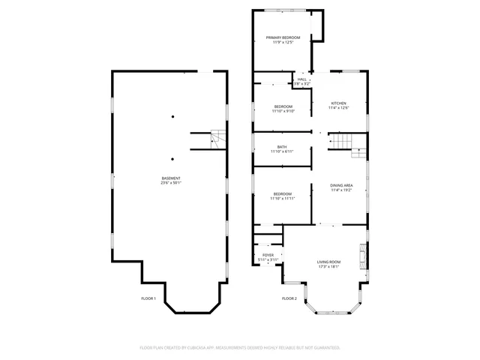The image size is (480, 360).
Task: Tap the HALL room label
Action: (x=301, y=79)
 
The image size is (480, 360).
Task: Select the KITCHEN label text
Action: (x=339, y=103)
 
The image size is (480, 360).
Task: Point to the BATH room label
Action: (x=282, y=147)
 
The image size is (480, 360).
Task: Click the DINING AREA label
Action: (x=342, y=185)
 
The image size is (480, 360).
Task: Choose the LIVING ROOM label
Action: (x=328, y=262)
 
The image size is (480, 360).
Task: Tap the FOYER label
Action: (x=268, y=255)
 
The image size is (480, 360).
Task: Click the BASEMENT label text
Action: (x=171, y=178)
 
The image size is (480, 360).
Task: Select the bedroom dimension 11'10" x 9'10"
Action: (x=283, y=111)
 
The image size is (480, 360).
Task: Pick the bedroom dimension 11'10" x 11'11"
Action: (x=283, y=198)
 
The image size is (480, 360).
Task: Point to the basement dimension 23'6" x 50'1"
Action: (x=171, y=182)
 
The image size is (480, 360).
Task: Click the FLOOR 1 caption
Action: (x=148, y=298)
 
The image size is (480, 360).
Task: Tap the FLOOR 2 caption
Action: (x=289, y=298)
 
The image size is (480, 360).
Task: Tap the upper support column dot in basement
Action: (x=172, y=116)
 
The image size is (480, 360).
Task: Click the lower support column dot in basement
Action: (x=172, y=158)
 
